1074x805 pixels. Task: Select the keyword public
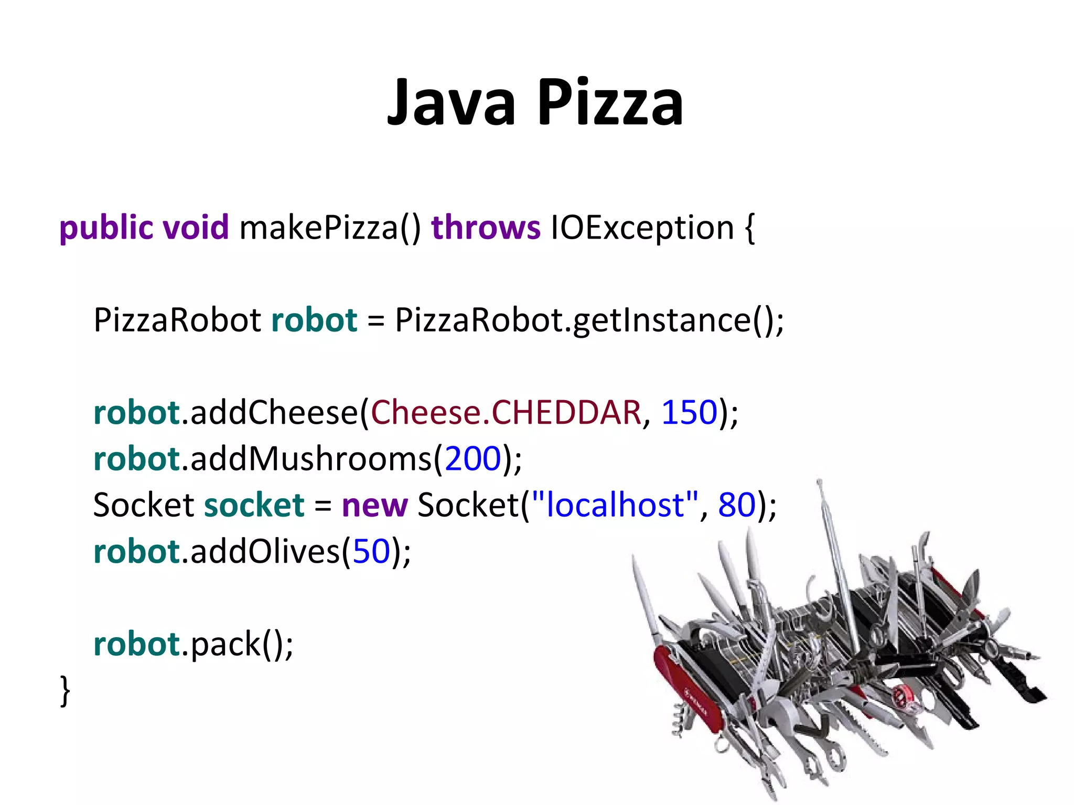[106, 228]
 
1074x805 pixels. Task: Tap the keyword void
[196, 228]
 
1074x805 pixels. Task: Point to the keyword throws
[486, 228]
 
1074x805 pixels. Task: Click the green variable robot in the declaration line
[314, 320]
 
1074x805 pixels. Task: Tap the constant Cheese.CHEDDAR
[506, 412]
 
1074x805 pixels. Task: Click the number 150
[689, 412]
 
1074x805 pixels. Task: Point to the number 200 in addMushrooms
[472, 459]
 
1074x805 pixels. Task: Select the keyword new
[374, 505]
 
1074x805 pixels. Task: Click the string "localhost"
[615, 505]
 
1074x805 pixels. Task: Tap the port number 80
[737, 505]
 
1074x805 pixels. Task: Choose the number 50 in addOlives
[371, 552]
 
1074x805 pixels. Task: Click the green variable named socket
[254, 505]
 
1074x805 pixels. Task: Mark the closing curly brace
[65, 691]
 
